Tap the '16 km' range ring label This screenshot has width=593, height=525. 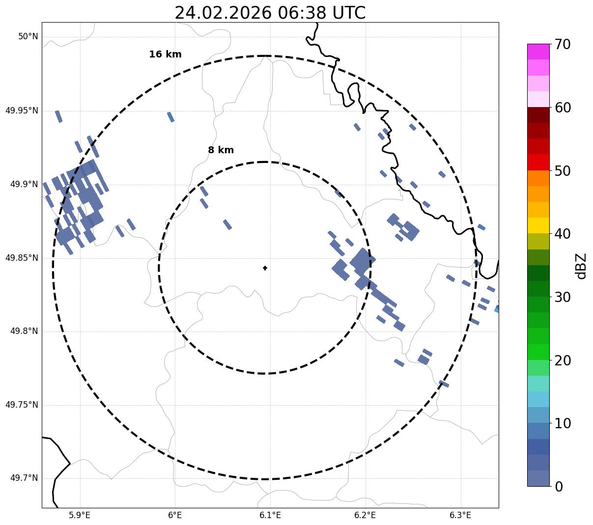click(165, 55)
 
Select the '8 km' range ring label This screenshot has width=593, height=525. click(221, 150)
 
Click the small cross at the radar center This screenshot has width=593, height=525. click(265, 268)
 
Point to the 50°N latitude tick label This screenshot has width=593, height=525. click(28, 37)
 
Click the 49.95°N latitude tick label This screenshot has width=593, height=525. click(22, 111)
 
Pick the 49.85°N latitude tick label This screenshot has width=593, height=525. click(22, 258)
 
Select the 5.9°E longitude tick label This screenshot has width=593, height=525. click(80, 515)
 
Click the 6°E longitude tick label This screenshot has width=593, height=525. click(175, 515)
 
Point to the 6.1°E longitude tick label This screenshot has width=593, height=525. click(270, 515)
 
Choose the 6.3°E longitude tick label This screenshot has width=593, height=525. click(460, 515)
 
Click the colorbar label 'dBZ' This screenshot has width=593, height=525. click(581, 266)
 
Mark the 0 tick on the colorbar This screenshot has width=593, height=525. click(559, 487)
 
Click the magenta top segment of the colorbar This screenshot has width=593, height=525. click(538, 52)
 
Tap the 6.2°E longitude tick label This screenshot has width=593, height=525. click(365, 515)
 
